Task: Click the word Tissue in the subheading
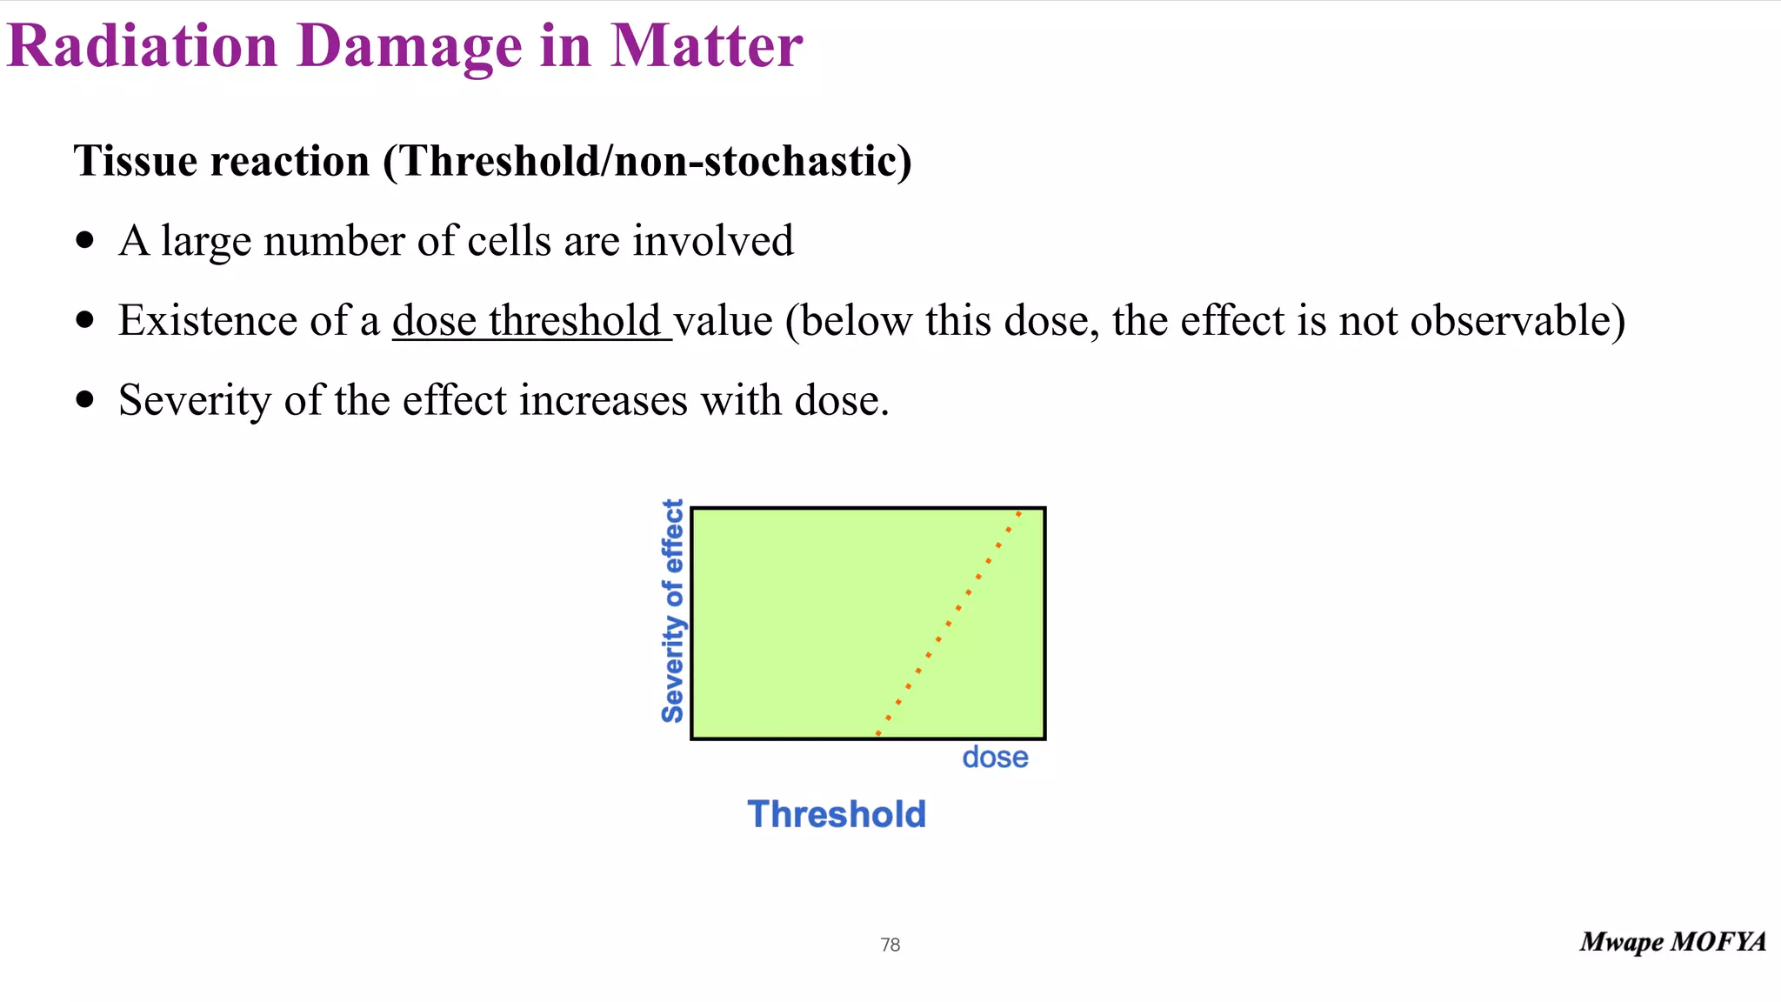click(x=135, y=161)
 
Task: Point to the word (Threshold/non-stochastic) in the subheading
click(x=648, y=161)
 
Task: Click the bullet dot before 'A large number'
click(x=84, y=241)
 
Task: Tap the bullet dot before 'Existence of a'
click(x=84, y=320)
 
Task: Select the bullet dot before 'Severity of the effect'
click(x=84, y=400)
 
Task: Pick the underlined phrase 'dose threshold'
click(x=530, y=321)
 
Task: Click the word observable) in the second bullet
click(x=1518, y=321)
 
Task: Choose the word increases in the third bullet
click(x=604, y=401)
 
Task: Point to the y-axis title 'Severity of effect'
click(x=672, y=611)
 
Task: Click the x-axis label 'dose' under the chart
click(x=995, y=758)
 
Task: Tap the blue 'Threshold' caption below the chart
click(x=837, y=815)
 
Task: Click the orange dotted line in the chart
click(x=949, y=624)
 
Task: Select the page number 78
click(x=890, y=945)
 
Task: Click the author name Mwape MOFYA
click(x=1672, y=942)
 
